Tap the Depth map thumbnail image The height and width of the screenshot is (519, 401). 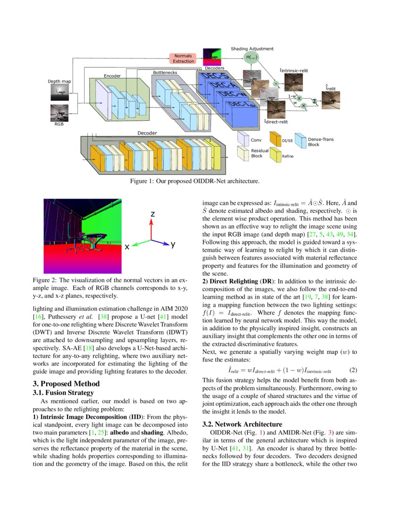click(59, 92)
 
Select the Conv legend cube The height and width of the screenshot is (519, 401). click(243, 139)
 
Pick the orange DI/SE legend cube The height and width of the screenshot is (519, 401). click(275, 139)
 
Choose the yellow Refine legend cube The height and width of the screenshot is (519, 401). click(275, 154)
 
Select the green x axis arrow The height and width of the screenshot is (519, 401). click(141, 243)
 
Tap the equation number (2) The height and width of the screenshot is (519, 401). click(345, 371)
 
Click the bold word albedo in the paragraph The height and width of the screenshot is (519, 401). click(123, 433)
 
